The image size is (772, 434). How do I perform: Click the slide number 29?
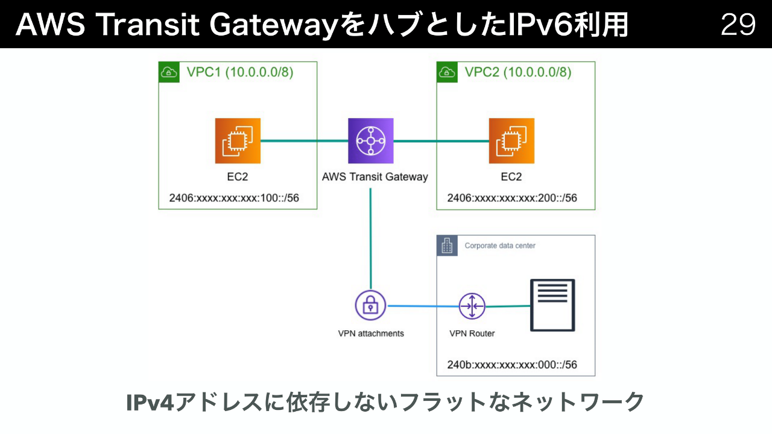(x=738, y=25)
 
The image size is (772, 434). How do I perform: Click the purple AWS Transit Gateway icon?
(x=370, y=141)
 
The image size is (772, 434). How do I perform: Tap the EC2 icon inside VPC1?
(x=238, y=141)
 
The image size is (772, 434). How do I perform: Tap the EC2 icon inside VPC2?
(x=511, y=141)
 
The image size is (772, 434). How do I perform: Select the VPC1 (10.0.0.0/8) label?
(x=240, y=72)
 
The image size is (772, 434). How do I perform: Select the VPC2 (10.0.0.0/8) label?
(x=518, y=72)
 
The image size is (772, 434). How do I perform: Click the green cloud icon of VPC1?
(x=169, y=72)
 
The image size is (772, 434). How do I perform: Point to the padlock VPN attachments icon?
(x=370, y=306)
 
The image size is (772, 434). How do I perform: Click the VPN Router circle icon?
(x=472, y=306)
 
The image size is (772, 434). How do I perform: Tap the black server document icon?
(x=552, y=305)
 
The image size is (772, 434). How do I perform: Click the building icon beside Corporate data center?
(x=447, y=245)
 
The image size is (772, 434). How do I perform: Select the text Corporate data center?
(x=500, y=246)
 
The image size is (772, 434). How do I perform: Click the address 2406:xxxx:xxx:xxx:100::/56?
(x=235, y=198)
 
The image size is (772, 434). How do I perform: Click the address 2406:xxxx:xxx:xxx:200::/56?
(x=512, y=198)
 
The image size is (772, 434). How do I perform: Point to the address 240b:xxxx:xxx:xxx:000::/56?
(x=512, y=365)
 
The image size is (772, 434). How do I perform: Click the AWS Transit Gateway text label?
(x=375, y=177)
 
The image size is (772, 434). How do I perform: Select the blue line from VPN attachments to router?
(x=422, y=306)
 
